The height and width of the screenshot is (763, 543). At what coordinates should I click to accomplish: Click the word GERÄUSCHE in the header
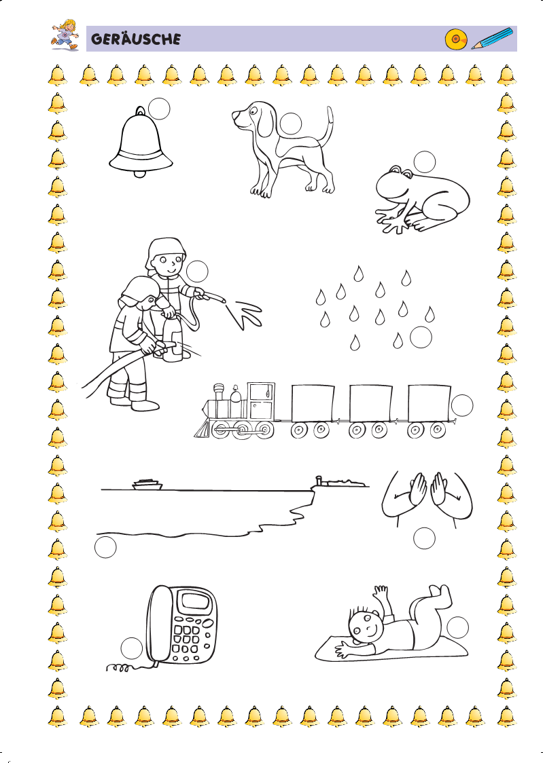click(x=135, y=39)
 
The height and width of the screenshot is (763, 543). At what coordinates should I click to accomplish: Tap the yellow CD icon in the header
click(x=456, y=39)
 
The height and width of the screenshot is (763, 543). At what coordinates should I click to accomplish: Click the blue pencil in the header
click(x=492, y=39)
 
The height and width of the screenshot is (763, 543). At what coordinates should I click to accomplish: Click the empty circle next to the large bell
click(x=159, y=109)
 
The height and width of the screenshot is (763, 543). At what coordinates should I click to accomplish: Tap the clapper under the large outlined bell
click(x=140, y=174)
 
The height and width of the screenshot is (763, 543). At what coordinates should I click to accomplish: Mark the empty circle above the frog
click(x=424, y=162)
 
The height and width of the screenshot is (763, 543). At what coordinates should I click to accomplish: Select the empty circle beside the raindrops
click(x=421, y=337)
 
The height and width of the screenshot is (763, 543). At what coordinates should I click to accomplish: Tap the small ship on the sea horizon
click(x=147, y=484)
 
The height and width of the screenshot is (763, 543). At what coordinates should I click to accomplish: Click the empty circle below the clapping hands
click(x=424, y=538)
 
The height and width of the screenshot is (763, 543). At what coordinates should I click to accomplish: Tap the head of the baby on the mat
click(x=366, y=625)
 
